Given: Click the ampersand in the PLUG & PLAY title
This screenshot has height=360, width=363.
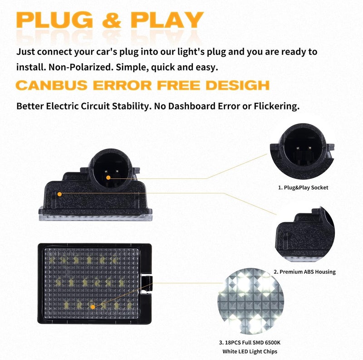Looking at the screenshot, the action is pos(112,20).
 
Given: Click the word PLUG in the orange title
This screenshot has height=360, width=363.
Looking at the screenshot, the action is pos(54,20).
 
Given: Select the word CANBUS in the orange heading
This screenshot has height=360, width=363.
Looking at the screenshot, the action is pos(52,85).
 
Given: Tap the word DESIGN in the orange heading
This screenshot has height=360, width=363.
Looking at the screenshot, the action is pos(237,85).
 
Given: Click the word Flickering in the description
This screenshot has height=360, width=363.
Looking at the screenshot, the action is pos(277,106).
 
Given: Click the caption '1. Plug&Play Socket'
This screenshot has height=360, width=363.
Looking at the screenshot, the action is pos(303,187).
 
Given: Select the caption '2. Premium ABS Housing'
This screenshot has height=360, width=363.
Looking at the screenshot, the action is pos(304,272).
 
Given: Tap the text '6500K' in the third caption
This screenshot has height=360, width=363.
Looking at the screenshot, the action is pos(273,342).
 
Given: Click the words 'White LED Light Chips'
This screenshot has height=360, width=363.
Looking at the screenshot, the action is pos(250,351).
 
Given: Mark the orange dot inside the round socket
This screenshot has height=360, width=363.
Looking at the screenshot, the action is pos(108,178).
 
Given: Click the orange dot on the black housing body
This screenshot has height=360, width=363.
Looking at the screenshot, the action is pos(59,194).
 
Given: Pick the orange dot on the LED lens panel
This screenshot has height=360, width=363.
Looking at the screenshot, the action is pos(93,307).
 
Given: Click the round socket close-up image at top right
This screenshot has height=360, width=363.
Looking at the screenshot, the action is pos(302,151).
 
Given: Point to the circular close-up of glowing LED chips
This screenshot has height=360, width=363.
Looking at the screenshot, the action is pos(251,301).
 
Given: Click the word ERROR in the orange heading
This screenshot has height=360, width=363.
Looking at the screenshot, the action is pos(122,85).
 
